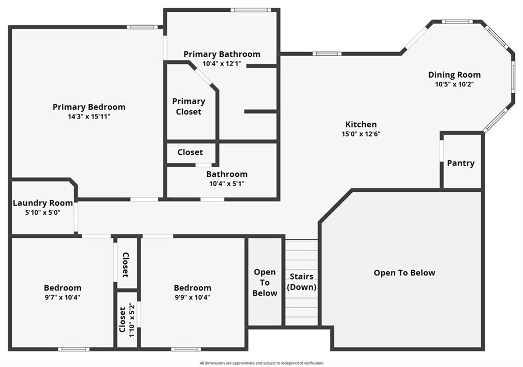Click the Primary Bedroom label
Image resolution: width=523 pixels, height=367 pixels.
(89, 107)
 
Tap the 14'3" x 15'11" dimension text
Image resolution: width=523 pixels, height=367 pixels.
(89, 117)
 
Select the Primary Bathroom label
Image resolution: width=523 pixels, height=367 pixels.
(222, 54)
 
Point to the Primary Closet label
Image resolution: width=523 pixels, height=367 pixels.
(189, 106)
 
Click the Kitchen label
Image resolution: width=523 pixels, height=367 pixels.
(361, 125)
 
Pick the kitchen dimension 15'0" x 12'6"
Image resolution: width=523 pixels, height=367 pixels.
(361, 134)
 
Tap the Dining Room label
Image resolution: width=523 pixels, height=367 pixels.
(454, 75)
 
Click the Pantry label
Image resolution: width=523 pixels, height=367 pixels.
(461, 163)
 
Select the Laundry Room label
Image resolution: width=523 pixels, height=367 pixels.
(43, 203)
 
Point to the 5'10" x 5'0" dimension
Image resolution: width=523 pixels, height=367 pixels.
(43, 213)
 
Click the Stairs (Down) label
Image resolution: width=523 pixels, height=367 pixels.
(301, 282)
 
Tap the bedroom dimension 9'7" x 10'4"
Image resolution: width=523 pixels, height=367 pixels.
(62, 297)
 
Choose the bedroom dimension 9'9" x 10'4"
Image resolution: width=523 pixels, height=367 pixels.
(193, 297)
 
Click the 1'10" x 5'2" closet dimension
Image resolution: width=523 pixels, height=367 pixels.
(132, 320)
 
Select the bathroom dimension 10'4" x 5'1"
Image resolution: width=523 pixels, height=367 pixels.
(227, 184)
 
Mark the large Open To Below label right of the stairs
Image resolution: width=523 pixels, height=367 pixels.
(405, 273)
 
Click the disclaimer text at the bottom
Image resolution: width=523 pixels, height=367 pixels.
(261, 363)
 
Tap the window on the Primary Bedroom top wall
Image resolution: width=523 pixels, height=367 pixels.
(142, 27)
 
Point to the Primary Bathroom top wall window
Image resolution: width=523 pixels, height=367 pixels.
(251, 10)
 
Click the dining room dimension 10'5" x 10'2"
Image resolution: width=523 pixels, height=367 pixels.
(454, 84)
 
